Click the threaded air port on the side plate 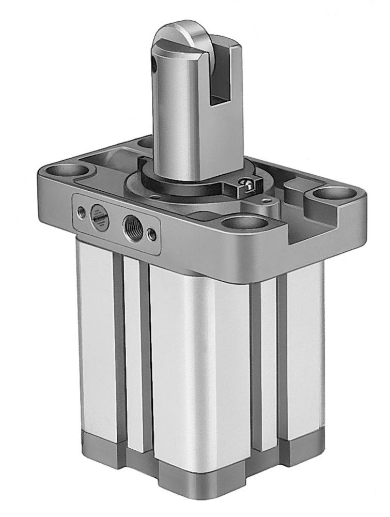pyautogui.click(x=130, y=225)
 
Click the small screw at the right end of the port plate pyautogui.click(x=151, y=234)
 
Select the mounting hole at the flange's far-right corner pyautogui.click(x=331, y=195)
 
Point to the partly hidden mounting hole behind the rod pyautogui.click(x=146, y=141)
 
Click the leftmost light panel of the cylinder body pyautogui.click(x=96, y=336)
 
